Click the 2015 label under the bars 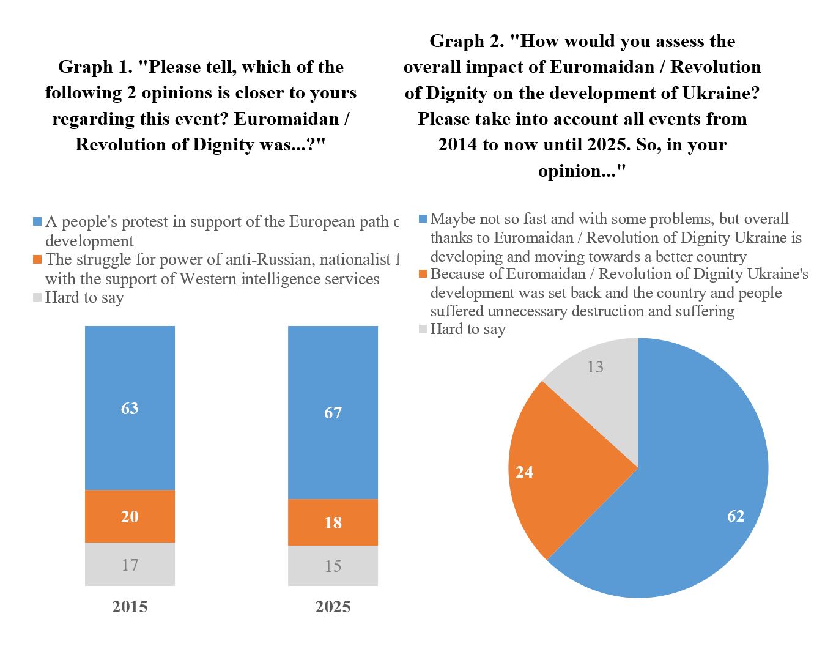click(130, 607)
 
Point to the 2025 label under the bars click(333, 607)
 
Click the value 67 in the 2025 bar click(333, 413)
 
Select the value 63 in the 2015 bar click(130, 408)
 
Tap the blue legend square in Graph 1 click(37, 221)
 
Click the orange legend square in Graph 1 click(37, 259)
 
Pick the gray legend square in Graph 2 click(423, 329)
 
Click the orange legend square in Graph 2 click(423, 274)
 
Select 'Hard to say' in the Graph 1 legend click(84, 298)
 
